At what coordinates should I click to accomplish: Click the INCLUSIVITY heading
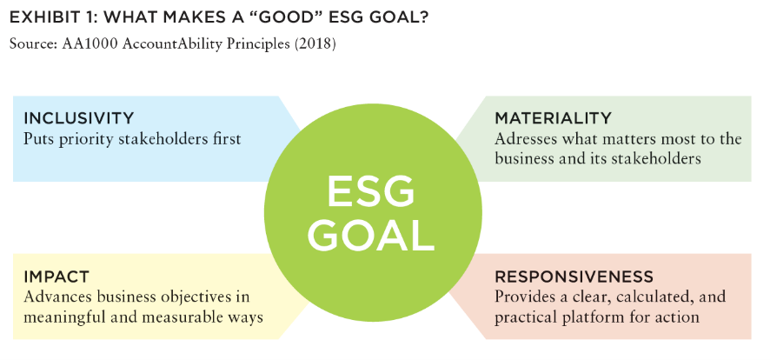pyautogui.click(x=78, y=118)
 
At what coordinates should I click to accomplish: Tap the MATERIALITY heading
pyautogui.click(x=553, y=118)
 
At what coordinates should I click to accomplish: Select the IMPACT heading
pyautogui.click(x=56, y=277)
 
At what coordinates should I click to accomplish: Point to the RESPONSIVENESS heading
pyautogui.click(x=574, y=277)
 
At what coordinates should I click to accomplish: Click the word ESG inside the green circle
pyautogui.click(x=371, y=192)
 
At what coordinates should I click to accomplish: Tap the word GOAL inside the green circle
pyautogui.click(x=371, y=234)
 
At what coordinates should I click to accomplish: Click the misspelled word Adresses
pyautogui.click(x=524, y=139)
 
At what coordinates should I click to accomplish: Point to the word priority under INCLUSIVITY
pyautogui.click(x=88, y=139)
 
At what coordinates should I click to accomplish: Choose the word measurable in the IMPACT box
pyautogui.click(x=176, y=317)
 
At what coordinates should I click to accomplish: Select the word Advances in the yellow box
pyautogui.click(x=55, y=297)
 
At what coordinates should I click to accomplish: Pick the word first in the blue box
pyautogui.click(x=224, y=139)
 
